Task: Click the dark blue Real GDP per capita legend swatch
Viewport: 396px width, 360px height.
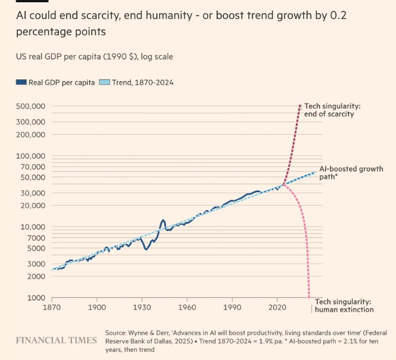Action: (x=21, y=83)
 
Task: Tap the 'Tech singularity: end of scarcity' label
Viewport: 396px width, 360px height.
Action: (x=332, y=110)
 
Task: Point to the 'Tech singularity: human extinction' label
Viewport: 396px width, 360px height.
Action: (x=344, y=306)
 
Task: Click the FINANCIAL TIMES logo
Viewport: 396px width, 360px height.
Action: (x=56, y=341)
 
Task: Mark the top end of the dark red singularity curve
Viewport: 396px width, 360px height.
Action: (x=300, y=106)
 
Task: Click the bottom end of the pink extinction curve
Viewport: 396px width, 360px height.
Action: (x=309, y=297)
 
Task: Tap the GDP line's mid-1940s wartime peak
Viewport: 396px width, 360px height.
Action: (x=163, y=220)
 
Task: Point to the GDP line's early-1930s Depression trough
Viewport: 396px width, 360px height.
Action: (x=146, y=249)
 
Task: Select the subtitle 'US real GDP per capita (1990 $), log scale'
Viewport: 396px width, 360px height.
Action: (x=94, y=57)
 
